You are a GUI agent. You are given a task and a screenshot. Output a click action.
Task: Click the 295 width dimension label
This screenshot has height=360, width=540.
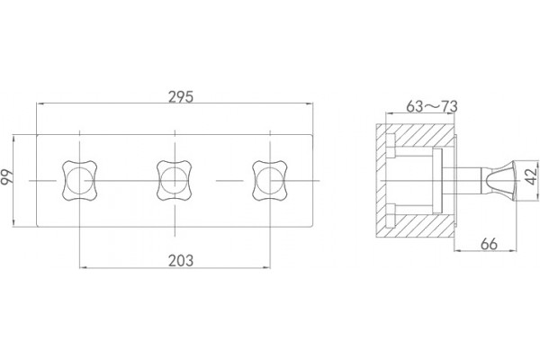click(181, 97)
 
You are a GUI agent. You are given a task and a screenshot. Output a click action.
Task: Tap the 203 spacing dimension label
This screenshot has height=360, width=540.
click(181, 261)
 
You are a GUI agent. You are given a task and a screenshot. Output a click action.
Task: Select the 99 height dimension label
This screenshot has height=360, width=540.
click(7, 177)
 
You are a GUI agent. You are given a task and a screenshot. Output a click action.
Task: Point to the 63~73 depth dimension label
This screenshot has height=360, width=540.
click(432, 106)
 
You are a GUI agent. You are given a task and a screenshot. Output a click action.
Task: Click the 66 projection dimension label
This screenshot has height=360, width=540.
click(489, 244)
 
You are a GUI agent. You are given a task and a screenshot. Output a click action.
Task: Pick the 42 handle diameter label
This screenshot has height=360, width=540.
click(532, 175)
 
